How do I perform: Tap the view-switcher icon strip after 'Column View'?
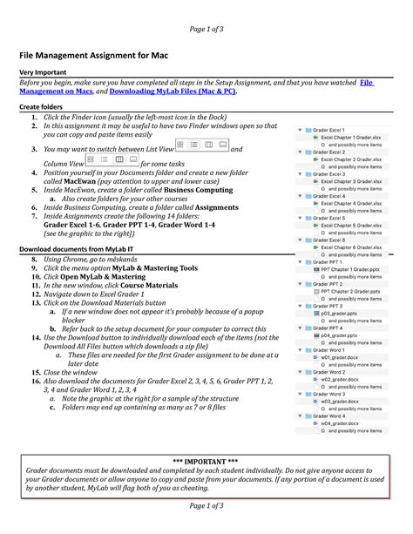(112, 162)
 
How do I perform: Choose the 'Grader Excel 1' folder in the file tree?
(331, 130)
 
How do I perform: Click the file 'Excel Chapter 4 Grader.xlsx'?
(351, 203)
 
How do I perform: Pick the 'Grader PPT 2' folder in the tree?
(328, 284)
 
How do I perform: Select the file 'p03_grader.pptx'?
(339, 314)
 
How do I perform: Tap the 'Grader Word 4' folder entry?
(329, 416)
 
